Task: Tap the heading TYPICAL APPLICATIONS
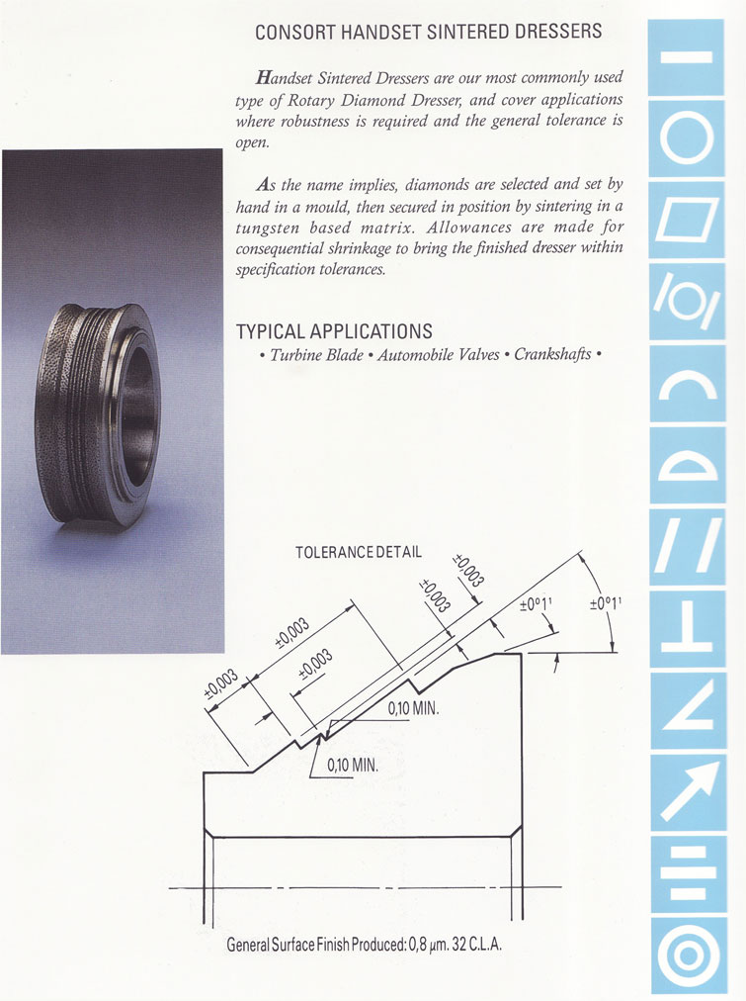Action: coord(334,331)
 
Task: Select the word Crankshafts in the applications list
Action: coord(552,354)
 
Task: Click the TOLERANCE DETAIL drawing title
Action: coord(359,552)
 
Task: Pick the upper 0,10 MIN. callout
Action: coord(413,708)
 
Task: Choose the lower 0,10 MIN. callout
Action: coord(353,765)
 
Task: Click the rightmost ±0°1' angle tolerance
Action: coord(605,602)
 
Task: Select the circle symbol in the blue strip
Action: coord(687,139)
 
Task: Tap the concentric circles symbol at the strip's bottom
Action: coord(688,954)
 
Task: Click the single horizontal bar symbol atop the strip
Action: coord(687,56)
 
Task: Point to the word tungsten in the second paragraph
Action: coord(268,227)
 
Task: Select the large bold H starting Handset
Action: coord(263,78)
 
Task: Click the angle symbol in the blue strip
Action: coord(688,708)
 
